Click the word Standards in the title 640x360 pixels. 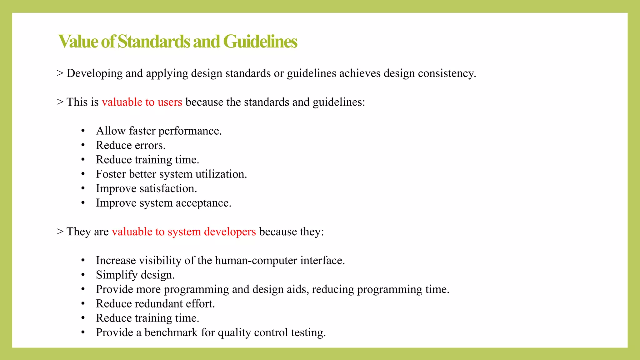tap(154, 42)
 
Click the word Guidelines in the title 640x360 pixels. tap(260, 42)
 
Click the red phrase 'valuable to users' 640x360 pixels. tap(142, 102)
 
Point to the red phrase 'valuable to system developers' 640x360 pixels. tap(184, 232)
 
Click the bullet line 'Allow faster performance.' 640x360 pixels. tap(159, 131)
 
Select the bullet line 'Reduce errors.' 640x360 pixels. tap(131, 145)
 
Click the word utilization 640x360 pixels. tap(221, 174)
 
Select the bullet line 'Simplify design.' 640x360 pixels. tap(135, 275)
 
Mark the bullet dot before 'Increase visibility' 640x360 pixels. tap(83, 261)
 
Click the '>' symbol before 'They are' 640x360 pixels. tap(60, 232)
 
